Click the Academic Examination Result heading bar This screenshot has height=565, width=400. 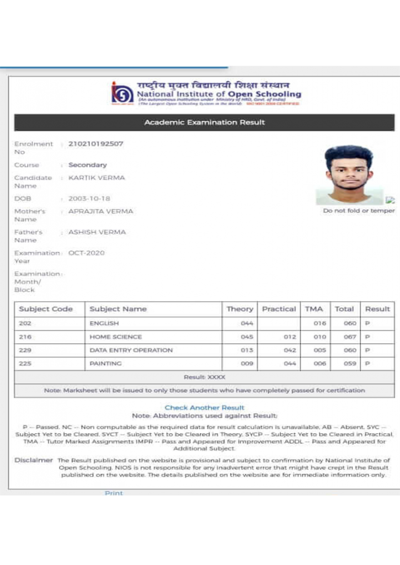pyautogui.click(x=204, y=122)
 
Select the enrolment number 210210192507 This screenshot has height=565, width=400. pyautogui.click(x=95, y=144)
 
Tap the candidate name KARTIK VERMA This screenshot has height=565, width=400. pyautogui.click(x=97, y=178)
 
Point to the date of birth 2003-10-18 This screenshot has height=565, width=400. pyautogui.click(x=89, y=199)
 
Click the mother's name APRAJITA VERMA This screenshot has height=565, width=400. pyautogui.click(x=100, y=211)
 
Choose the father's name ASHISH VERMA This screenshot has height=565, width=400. pyautogui.click(x=97, y=232)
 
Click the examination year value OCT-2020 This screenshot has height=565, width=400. pyautogui.click(x=86, y=253)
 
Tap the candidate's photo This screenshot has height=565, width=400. pyautogui.click(x=349, y=174)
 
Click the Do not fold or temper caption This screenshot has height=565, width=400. pyautogui.click(x=359, y=211)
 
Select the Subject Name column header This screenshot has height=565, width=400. pyautogui.click(x=118, y=309)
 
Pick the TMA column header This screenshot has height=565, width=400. pyautogui.click(x=314, y=309)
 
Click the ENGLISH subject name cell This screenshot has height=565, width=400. pyautogui.click(x=104, y=323)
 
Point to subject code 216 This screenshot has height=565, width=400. pyautogui.click(x=25, y=337)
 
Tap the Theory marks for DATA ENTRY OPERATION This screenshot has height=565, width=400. pyautogui.click(x=247, y=350)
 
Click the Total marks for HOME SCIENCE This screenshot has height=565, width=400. pyautogui.click(x=350, y=337)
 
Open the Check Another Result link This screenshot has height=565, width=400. pyautogui.click(x=204, y=408)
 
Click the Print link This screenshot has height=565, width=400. pyautogui.click(x=114, y=492)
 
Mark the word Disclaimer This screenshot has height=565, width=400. pyautogui.click(x=34, y=460)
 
